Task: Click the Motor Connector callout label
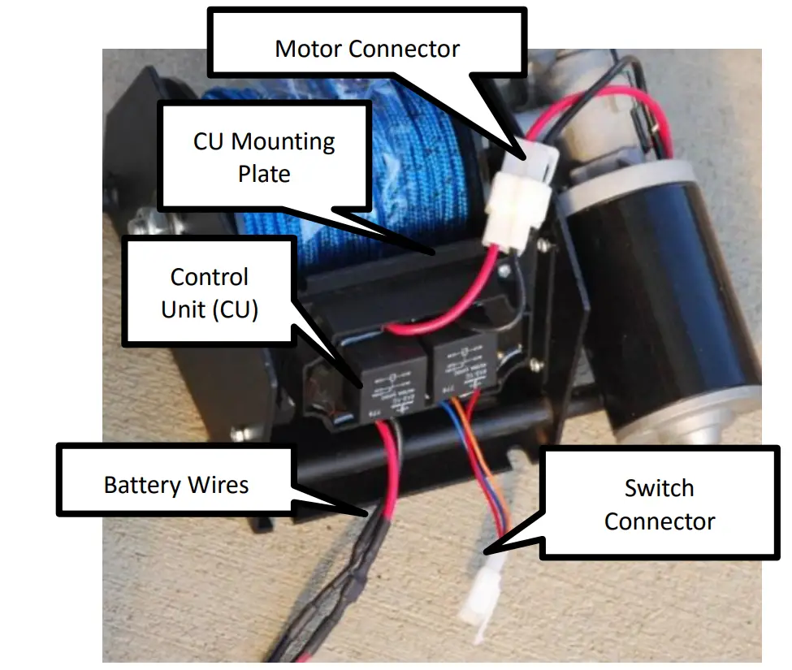366,49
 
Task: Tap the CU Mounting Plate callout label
264,157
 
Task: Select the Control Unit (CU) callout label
209,292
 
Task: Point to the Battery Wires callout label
175,485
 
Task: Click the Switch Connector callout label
659,504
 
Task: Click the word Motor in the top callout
308,49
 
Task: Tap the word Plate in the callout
264,173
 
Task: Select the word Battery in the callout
143,485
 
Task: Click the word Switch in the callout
659,488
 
